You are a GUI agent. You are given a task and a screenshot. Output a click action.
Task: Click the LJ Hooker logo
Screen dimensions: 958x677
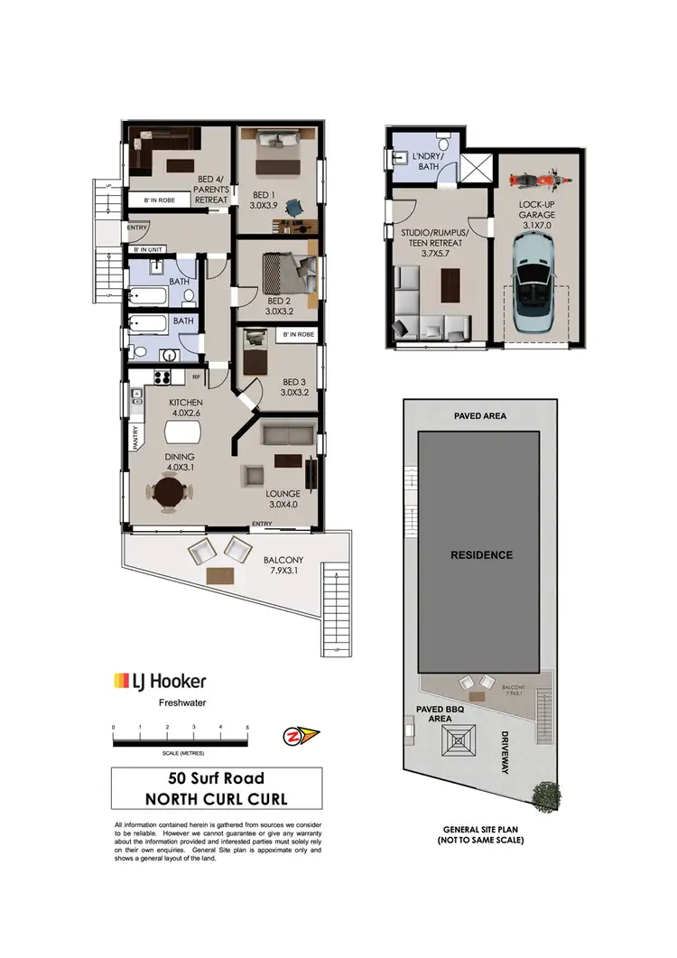point(159,682)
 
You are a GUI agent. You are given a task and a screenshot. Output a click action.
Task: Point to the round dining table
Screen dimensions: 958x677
point(169,493)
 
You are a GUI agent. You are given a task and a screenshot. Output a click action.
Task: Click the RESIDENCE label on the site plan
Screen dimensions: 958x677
point(481,554)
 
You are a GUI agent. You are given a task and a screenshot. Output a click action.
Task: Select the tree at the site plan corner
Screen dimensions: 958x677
point(545,795)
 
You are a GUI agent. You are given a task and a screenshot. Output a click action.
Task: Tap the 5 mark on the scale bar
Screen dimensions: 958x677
point(247,727)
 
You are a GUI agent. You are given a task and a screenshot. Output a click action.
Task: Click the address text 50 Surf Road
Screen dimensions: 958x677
point(216,777)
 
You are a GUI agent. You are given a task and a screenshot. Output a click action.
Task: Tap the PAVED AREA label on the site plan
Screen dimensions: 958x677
point(480,416)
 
